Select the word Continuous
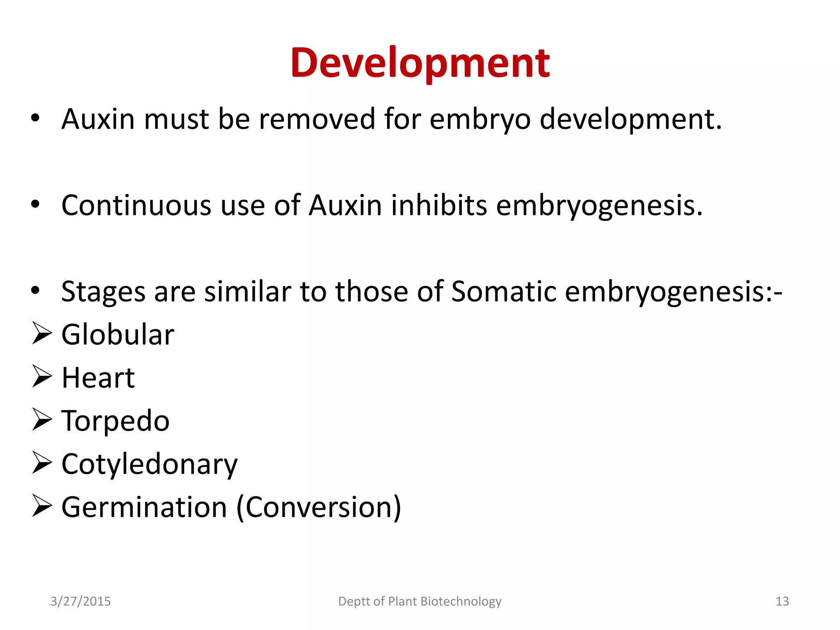pos(136,205)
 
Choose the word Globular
pos(118,335)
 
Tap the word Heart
pos(98,378)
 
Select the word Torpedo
pos(115,421)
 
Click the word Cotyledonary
pos(149,465)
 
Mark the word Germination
pos(144,507)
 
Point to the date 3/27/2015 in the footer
pos(80,601)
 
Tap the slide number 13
pos(782,601)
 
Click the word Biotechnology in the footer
pos(461,601)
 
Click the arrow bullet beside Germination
pos(42,506)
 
